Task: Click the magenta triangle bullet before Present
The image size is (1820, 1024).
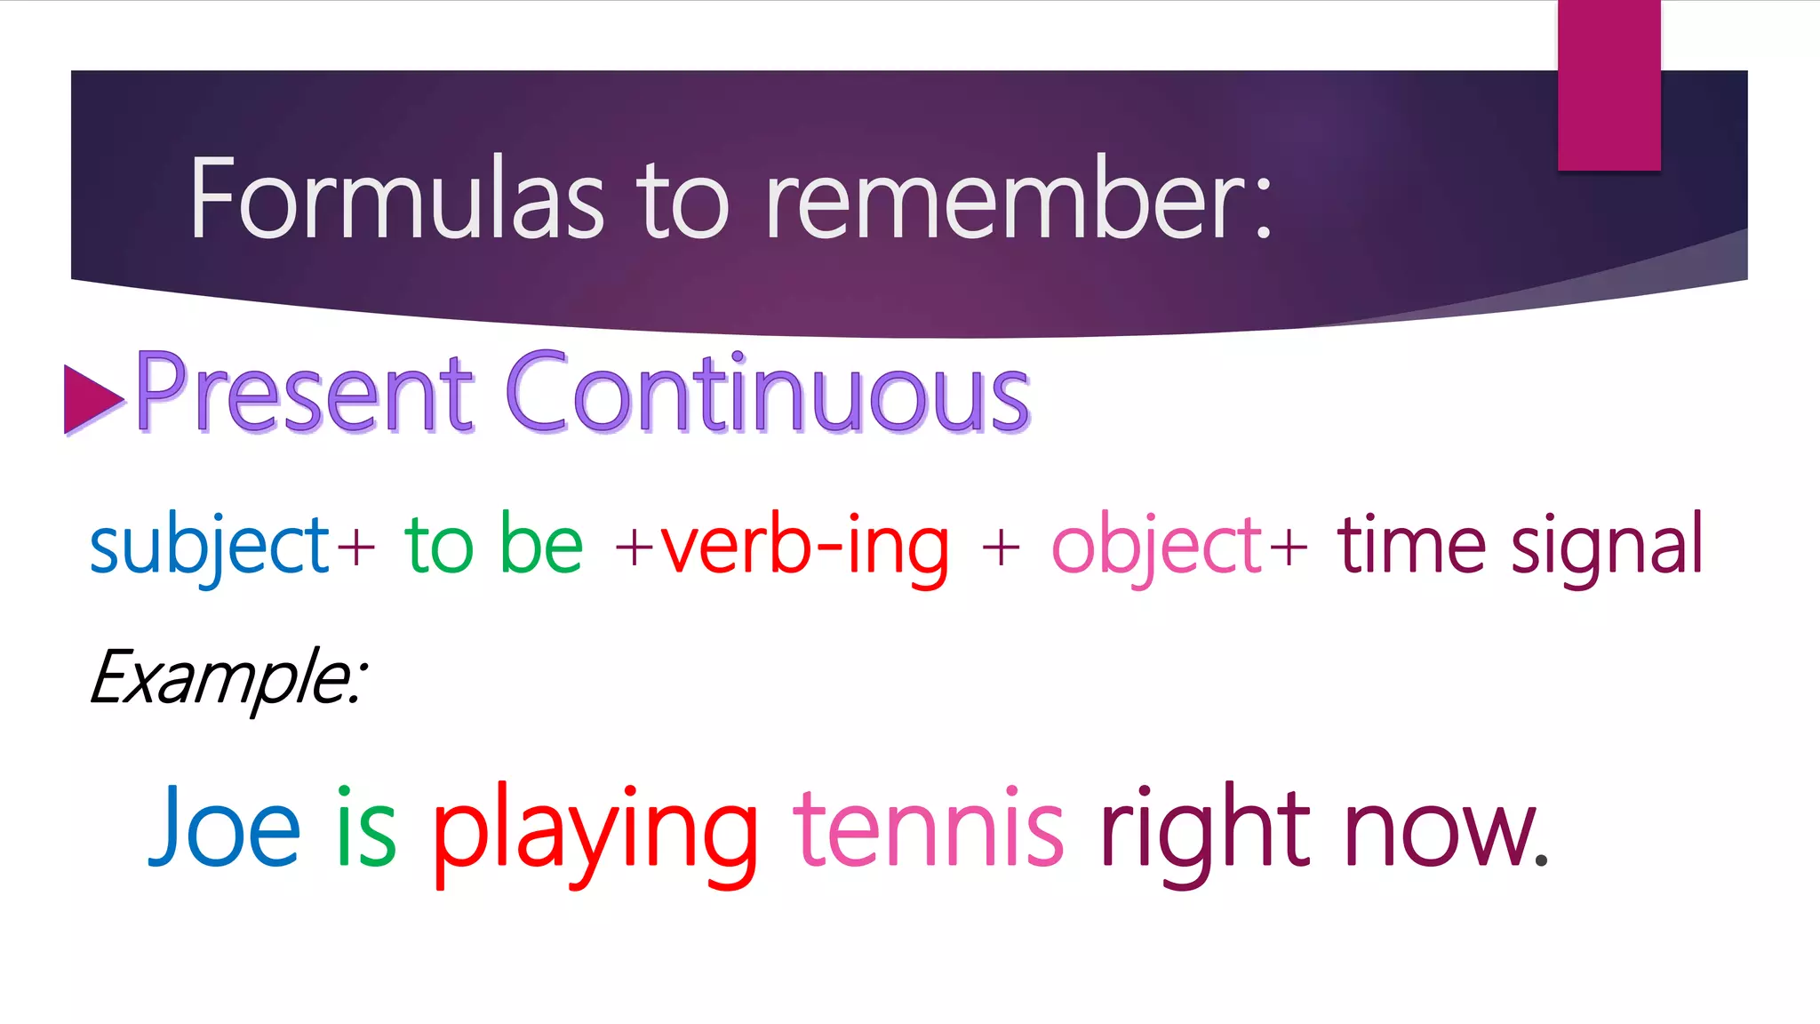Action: [91, 399]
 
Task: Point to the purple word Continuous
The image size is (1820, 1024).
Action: [767, 394]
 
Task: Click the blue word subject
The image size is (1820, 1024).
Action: [210, 545]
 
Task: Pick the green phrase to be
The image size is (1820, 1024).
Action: [493, 543]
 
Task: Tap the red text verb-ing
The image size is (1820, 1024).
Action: [804, 545]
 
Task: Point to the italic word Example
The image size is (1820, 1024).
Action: [227, 678]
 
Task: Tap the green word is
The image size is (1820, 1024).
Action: [365, 827]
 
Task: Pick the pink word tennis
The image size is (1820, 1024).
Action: [928, 827]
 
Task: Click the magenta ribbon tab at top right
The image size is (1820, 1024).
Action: [1608, 84]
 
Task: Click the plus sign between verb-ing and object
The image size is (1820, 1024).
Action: [1001, 547]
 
